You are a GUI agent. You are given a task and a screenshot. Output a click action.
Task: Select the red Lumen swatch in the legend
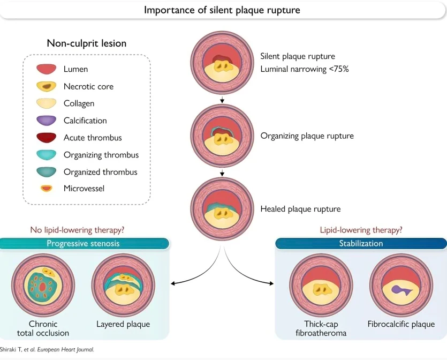click(x=46, y=69)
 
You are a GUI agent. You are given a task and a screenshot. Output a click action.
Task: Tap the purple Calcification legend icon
click(x=46, y=121)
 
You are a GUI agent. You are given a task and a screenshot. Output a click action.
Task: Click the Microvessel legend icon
click(x=46, y=189)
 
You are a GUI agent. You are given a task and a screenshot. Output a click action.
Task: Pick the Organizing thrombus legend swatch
click(x=46, y=155)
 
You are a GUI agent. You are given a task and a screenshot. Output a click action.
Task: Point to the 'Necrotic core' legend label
click(x=88, y=86)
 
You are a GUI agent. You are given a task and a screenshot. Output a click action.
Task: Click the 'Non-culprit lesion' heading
click(x=87, y=43)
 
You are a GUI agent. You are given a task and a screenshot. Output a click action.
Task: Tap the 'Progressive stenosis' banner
click(x=83, y=243)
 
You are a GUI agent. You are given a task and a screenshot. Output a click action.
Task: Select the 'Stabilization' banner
click(x=361, y=243)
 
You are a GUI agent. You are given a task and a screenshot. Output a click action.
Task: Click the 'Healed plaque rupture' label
click(x=300, y=209)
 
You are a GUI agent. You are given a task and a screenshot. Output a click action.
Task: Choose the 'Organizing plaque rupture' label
click(x=307, y=136)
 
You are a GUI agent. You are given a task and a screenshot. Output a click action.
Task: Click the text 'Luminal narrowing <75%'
click(x=305, y=69)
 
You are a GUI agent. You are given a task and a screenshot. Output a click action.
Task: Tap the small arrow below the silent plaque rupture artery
click(x=222, y=100)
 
